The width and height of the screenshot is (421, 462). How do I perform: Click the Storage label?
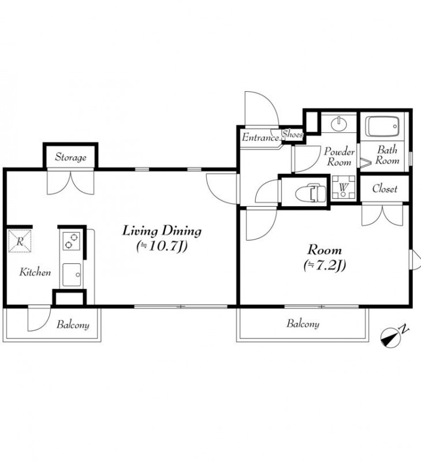click(x=70, y=157)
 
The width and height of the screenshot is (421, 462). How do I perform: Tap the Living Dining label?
click(x=162, y=231)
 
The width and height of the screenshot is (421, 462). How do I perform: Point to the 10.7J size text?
click(x=162, y=247)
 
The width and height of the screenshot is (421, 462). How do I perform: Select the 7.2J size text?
click(x=325, y=265)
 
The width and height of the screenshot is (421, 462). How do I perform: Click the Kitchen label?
click(x=35, y=272)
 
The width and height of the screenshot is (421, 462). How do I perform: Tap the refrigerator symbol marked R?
click(x=20, y=241)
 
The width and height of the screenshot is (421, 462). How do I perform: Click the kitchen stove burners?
click(x=71, y=241)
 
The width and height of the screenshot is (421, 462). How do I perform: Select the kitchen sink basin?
click(x=72, y=274)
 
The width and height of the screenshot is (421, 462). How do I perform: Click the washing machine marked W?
click(x=344, y=187)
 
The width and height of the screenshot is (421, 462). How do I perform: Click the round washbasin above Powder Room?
click(x=339, y=124)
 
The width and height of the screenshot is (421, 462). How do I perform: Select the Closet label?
click(x=385, y=189)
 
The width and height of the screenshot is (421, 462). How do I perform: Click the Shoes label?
click(x=293, y=135)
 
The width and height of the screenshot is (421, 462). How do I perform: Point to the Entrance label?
click(x=260, y=137)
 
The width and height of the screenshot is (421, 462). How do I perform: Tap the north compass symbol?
click(x=391, y=338)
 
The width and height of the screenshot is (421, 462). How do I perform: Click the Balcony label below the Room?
click(x=303, y=324)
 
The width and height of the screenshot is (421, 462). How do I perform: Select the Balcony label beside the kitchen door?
click(x=73, y=325)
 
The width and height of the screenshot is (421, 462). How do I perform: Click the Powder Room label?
click(x=339, y=157)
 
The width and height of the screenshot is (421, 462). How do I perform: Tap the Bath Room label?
click(x=387, y=155)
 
